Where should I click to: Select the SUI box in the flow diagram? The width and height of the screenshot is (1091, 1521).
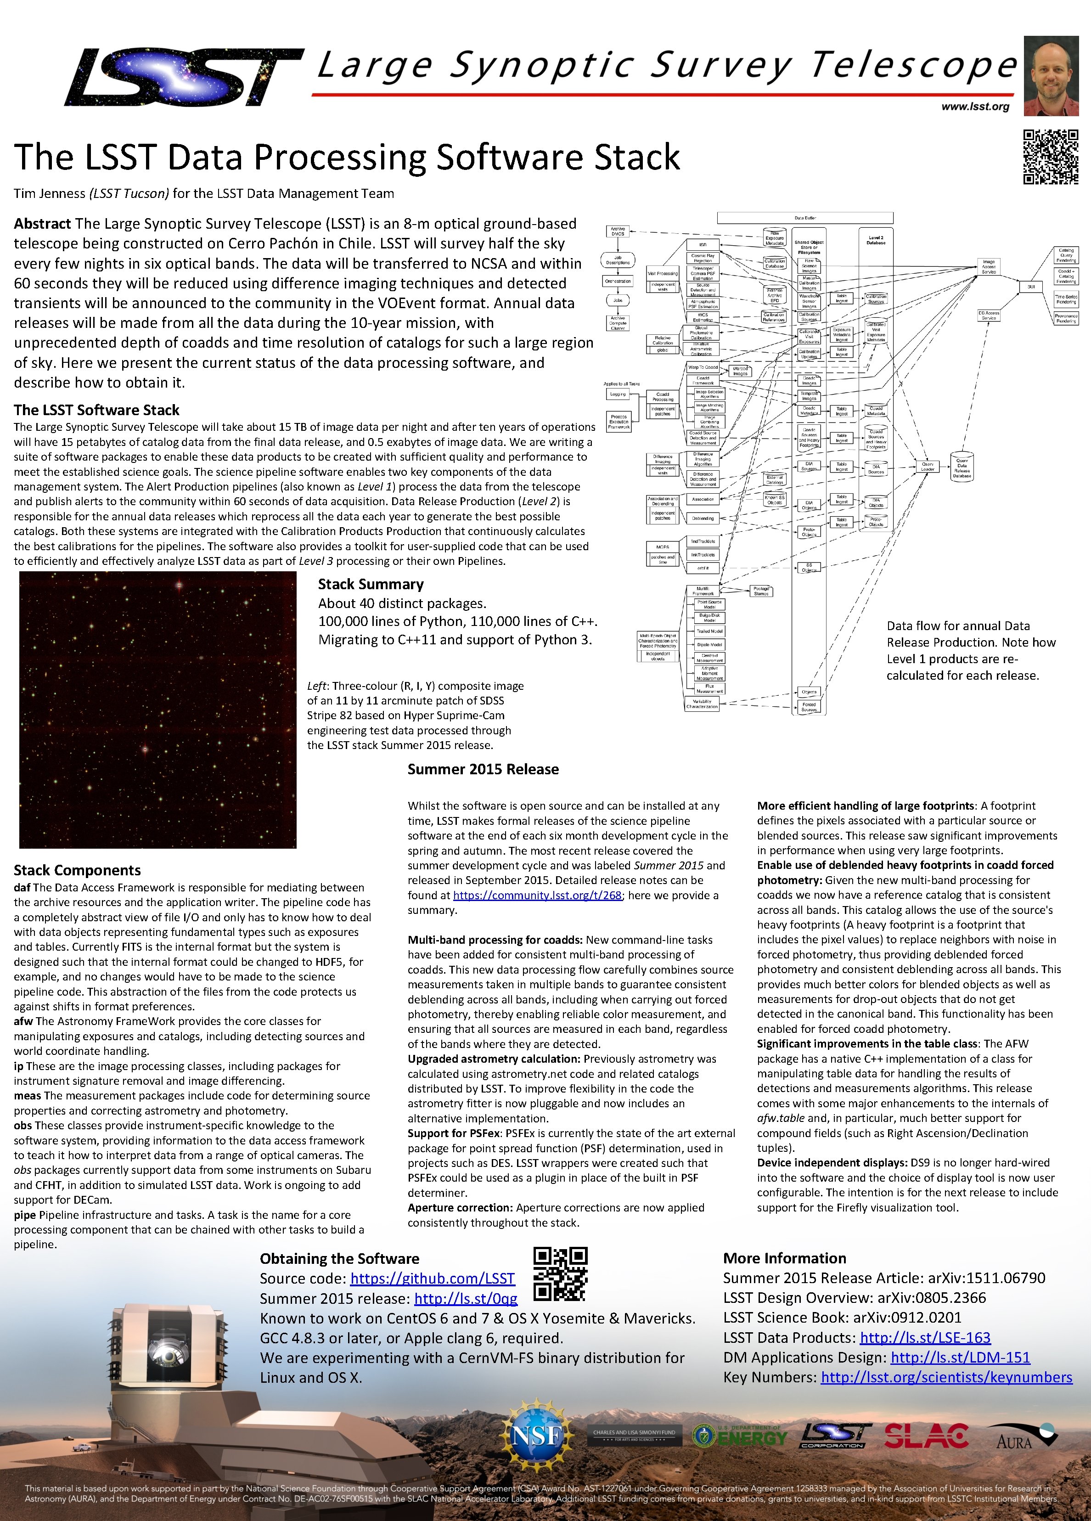coord(1031,287)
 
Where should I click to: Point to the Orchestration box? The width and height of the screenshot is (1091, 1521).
coord(618,281)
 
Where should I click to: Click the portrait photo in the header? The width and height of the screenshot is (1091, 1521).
coord(1051,76)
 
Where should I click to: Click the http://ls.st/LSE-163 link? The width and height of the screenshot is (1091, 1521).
coord(925,1337)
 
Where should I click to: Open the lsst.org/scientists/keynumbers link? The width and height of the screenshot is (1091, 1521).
coord(946,1377)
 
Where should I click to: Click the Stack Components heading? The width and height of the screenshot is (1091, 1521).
coord(77,870)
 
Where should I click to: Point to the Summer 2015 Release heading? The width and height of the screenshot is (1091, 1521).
coord(483,769)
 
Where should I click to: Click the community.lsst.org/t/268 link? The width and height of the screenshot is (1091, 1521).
coord(537,896)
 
